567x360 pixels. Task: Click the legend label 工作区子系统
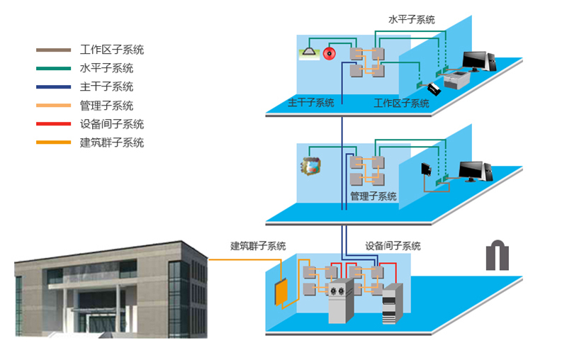112,50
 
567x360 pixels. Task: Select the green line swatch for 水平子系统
54,69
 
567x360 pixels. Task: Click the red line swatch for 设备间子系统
54,124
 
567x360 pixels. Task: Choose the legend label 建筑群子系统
112,142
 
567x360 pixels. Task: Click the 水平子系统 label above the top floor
412,20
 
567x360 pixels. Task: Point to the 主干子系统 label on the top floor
310,103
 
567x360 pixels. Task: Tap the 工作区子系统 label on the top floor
401,103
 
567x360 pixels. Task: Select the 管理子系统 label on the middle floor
374,196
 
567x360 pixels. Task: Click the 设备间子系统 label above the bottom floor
393,246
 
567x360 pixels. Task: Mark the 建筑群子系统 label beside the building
258,246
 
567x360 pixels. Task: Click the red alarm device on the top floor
328,52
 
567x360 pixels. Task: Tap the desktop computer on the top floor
478,62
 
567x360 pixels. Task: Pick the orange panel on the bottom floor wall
281,291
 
